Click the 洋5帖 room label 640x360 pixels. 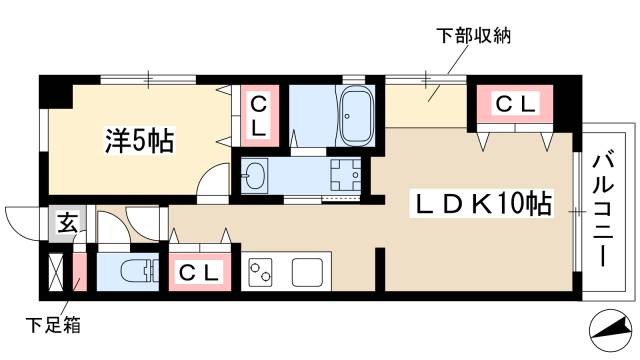pos(140,141)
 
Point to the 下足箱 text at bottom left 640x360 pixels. pos(52,325)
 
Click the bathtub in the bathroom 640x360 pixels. pos(356,116)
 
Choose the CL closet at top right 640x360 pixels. pos(517,102)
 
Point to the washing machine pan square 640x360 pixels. pos(345,175)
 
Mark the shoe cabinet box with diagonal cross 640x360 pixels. pos(55,271)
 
